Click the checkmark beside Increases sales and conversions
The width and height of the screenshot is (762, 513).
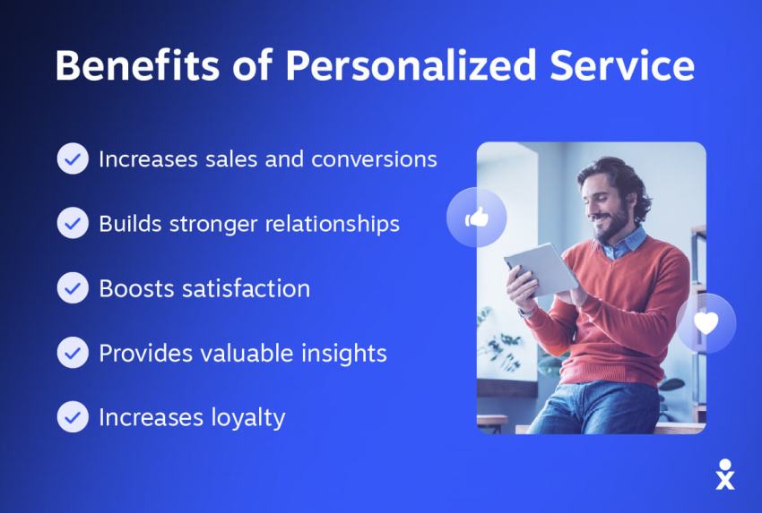(x=73, y=159)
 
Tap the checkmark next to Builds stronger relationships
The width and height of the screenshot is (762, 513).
(x=73, y=223)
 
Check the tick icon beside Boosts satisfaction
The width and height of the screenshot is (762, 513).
(x=73, y=288)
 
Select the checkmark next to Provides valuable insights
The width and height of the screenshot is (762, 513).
(x=73, y=353)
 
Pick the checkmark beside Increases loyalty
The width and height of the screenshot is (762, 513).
(x=73, y=417)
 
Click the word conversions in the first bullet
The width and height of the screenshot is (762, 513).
(x=374, y=159)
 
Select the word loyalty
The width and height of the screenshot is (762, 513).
(x=245, y=417)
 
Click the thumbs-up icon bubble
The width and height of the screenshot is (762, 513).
(x=477, y=218)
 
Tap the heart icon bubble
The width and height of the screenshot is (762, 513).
(x=706, y=323)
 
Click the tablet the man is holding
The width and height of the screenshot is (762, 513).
(x=539, y=268)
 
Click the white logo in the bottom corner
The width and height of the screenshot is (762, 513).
(x=725, y=474)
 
